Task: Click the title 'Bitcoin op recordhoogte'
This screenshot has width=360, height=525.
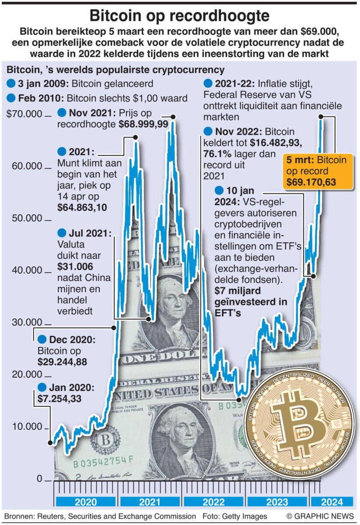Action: point(179,16)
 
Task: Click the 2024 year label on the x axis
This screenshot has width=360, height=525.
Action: point(332,502)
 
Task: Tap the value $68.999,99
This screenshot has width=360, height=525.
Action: point(143,125)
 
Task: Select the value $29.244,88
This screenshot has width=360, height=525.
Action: point(62,361)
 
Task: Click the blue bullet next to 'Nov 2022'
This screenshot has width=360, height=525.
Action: point(208,131)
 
